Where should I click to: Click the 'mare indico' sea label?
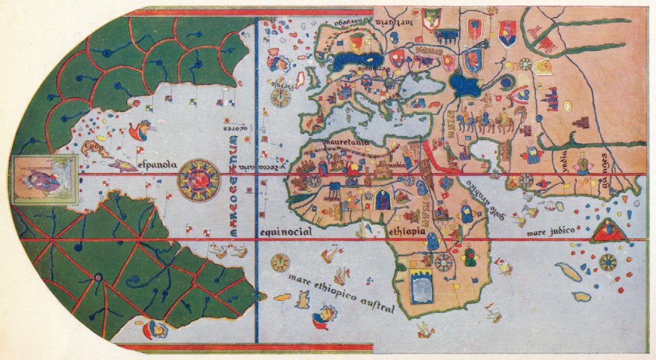[549, 232]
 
